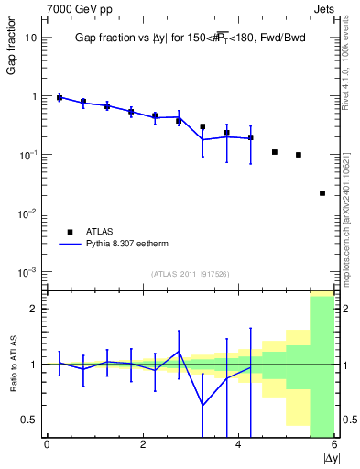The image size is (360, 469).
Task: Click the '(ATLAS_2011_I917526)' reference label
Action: pyautogui.click(x=191, y=273)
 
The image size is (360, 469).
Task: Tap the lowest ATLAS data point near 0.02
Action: pyautogui.click(x=322, y=193)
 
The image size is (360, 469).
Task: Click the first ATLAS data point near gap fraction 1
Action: pyautogui.click(x=60, y=97)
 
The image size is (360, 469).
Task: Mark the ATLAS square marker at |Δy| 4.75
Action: pyautogui.click(x=275, y=152)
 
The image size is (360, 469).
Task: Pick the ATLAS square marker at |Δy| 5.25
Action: pyautogui.click(x=299, y=155)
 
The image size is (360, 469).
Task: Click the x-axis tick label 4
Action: pyautogui.click(x=238, y=444)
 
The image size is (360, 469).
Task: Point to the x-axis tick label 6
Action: pyautogui.click(x=334, y=444)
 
